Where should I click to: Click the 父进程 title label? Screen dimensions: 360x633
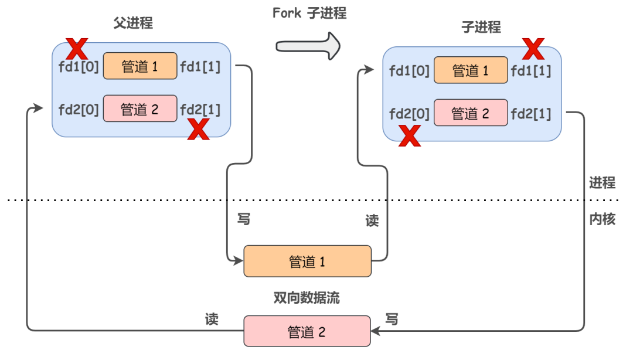pyautogui.click(x=133, y=23)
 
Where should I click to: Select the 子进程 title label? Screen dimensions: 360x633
pyautogui.click(x=481, y=27)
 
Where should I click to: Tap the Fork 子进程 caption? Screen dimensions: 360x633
pyautogui.click(x=309, y=13)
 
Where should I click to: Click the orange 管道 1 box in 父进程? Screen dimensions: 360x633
pyautogui.click(x=140, y=66)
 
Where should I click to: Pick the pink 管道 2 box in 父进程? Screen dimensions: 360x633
pyautogui.click(x=140, y=108)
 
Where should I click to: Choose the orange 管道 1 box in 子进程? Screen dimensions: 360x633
pyautogui.click(x=471, y=70)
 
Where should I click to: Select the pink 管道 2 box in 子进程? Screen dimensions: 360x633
pyautogui.click(x=471, y=113)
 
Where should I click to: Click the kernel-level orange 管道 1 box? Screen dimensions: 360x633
pyautogui.click(x=307, y=261)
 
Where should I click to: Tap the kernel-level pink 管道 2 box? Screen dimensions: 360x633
pyautogui.click(x=307, y=331)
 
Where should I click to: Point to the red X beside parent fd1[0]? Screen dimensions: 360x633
pyautogui.click(x=77, y=47)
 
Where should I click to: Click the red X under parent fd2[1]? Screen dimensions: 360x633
pyautogui.click(x=198, y=128)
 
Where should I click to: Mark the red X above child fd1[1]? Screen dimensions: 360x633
pyautogui.click(x=533, y=49)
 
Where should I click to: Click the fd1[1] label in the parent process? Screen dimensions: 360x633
pyautogui.click(x=200, y=66)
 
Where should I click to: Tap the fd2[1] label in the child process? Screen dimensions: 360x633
pyautogui.click(x=531, y=114)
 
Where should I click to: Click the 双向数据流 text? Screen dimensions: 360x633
pyautogui.click(x=307, y=297)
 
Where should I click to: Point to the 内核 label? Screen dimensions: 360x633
pyautogui.click(x=602, y=219)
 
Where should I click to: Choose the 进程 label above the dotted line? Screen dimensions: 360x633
pyautogui.click(x=602, y=183)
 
